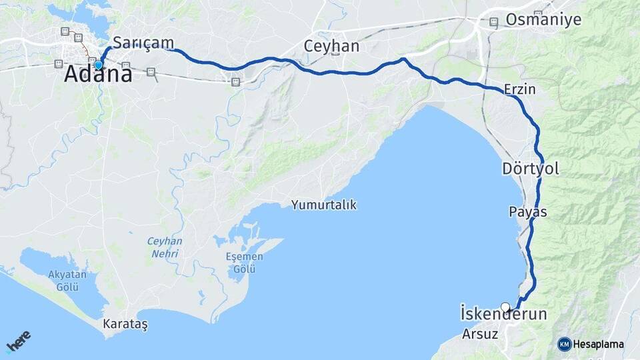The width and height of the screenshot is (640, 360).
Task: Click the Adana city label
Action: tap(98, 75)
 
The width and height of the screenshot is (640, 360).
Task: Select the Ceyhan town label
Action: tap(331, 46)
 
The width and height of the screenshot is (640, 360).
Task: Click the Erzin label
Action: tap(520, 89)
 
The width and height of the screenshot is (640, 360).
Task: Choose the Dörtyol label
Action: tap(531, 169)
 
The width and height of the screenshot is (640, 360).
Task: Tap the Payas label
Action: tap(527, 212)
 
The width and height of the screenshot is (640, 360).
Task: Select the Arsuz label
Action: tap(480, 334)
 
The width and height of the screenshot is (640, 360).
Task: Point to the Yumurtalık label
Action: tap(323, 205)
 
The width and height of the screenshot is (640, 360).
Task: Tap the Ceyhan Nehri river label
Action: tap(165, 247)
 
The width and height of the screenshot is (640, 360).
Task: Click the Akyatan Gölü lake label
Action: tap(63, 281)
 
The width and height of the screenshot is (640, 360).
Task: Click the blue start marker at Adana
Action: tap(99, 65)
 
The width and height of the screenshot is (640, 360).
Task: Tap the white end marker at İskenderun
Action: tap(505, 307)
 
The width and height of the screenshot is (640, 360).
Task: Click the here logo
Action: tap(18, 342)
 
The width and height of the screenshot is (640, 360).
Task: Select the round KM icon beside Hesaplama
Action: tap(564, 344)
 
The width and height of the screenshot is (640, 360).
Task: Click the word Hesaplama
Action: tap(598, 344)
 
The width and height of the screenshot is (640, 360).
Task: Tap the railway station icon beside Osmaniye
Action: tap(493, 22)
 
